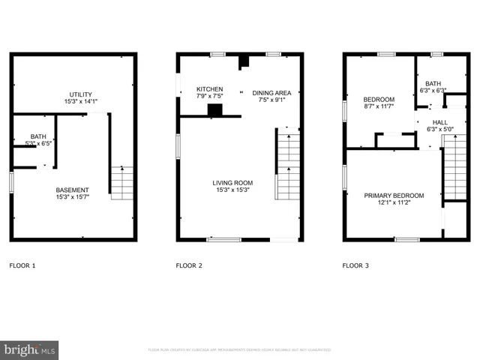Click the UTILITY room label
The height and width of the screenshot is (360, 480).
[76, 94]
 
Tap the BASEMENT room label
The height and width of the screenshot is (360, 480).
[73, 190]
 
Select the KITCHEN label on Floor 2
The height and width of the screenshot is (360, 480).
[209, 88]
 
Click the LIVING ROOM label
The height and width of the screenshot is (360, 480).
[232, 183]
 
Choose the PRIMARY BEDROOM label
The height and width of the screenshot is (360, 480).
[394, 196]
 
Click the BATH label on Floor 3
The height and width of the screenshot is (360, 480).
[433, 84]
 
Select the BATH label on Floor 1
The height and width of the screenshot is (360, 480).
[27, 136]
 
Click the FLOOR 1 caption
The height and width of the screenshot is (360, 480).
[22, 265]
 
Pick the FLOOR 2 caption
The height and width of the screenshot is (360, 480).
[189, 265]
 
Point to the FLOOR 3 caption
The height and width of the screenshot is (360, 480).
[355, 265]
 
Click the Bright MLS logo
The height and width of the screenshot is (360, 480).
[29, 349]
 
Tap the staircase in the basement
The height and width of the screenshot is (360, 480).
[121, 183]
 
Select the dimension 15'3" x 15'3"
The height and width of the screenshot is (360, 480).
[232, 190]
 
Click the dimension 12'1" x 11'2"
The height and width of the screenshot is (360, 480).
[394, 203]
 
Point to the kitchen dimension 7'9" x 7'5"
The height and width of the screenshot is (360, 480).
[209, 96]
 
